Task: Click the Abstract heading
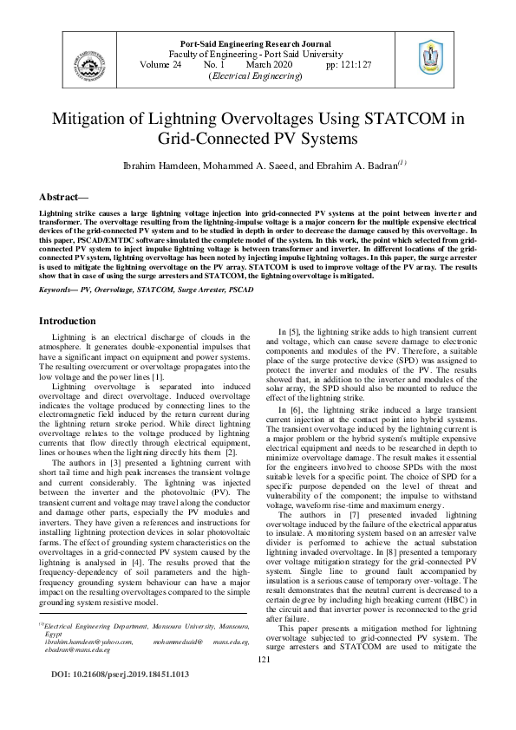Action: (66, 197)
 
